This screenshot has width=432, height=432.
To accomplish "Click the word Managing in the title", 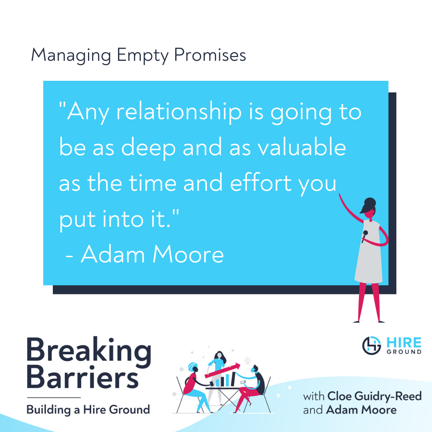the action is pos(71,56).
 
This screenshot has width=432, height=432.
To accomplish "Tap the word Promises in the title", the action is pos(210,55).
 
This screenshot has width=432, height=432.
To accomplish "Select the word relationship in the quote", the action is pos(179,112).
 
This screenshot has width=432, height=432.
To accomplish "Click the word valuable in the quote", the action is pos(302,147).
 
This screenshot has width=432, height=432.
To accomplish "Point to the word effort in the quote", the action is pos(261,182).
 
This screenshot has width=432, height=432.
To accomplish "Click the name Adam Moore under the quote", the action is pos(152,254).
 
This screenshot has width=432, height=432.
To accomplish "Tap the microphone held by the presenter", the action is pos(364,236).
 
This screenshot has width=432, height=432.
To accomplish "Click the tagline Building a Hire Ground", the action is pos(88,410).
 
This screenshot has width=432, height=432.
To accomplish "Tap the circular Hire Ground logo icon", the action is pos(371,346).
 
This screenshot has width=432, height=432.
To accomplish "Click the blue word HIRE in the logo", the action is pos(404,343).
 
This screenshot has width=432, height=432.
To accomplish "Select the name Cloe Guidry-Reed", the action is pos(374,396).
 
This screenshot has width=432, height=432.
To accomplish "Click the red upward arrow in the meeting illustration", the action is pos(222,371).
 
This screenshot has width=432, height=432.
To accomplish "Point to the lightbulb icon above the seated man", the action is pos(248,361).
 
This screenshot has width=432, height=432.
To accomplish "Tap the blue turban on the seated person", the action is pos(192,367).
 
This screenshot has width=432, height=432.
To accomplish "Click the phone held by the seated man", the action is pos(243,382).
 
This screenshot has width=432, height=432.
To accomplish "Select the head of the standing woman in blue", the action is pos(219,355).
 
